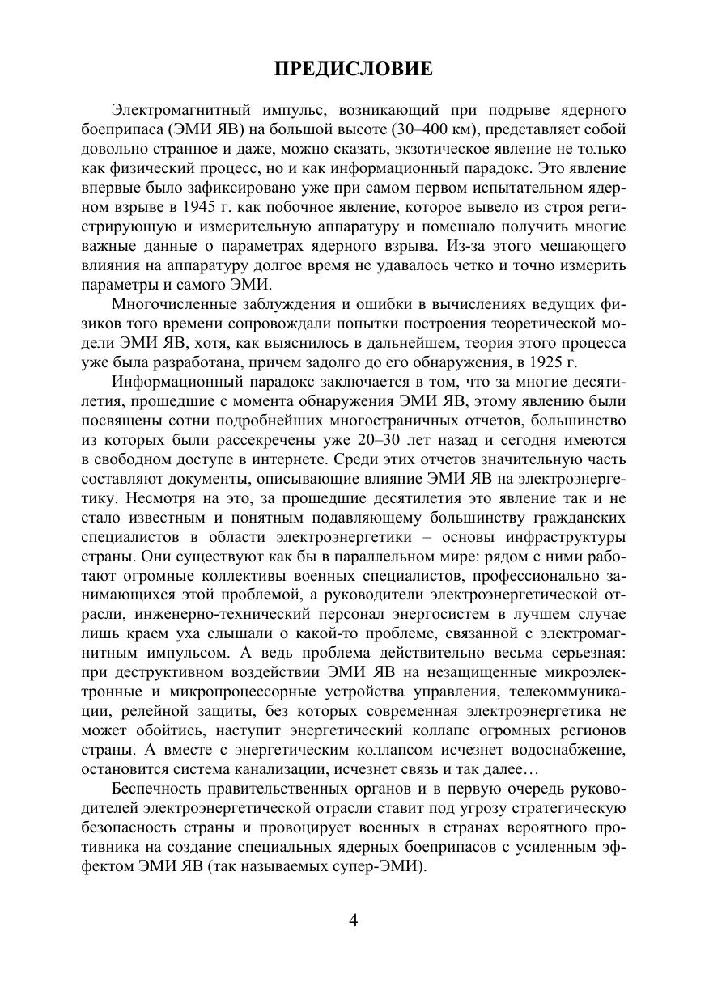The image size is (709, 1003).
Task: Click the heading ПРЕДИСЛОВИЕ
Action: coord(354,70)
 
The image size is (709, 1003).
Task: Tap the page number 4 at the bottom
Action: coord(353,921)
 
